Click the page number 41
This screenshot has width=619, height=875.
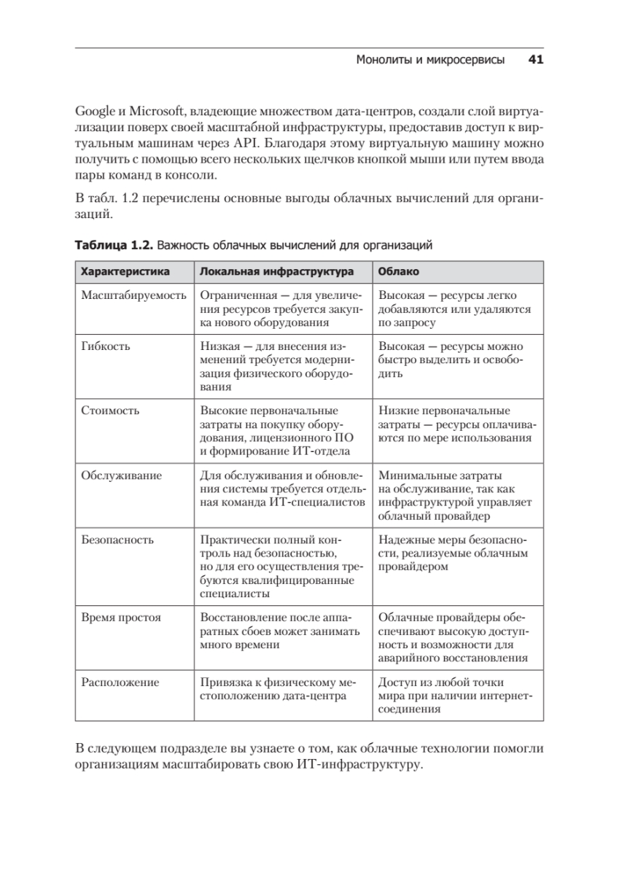tap(535, 61)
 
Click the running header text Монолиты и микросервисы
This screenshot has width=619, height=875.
tap(430, 61)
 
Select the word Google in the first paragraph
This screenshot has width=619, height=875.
tap(95, 112)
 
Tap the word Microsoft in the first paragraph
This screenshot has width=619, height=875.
tap(155, 112)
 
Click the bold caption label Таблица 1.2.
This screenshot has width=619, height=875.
tap(114, 246)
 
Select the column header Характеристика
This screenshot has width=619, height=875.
tap(125, 271)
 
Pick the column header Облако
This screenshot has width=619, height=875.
tap(398, 271)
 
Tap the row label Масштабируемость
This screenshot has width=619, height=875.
tap(132, 295)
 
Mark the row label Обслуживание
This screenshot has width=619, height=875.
tap(121, 475)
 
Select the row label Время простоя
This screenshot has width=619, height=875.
tap(121, 618)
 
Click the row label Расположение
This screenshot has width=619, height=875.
tap(120, 682)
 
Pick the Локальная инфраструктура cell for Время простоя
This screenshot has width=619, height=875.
tap(281, 631)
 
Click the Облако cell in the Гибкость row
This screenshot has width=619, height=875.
tap(451, 359)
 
